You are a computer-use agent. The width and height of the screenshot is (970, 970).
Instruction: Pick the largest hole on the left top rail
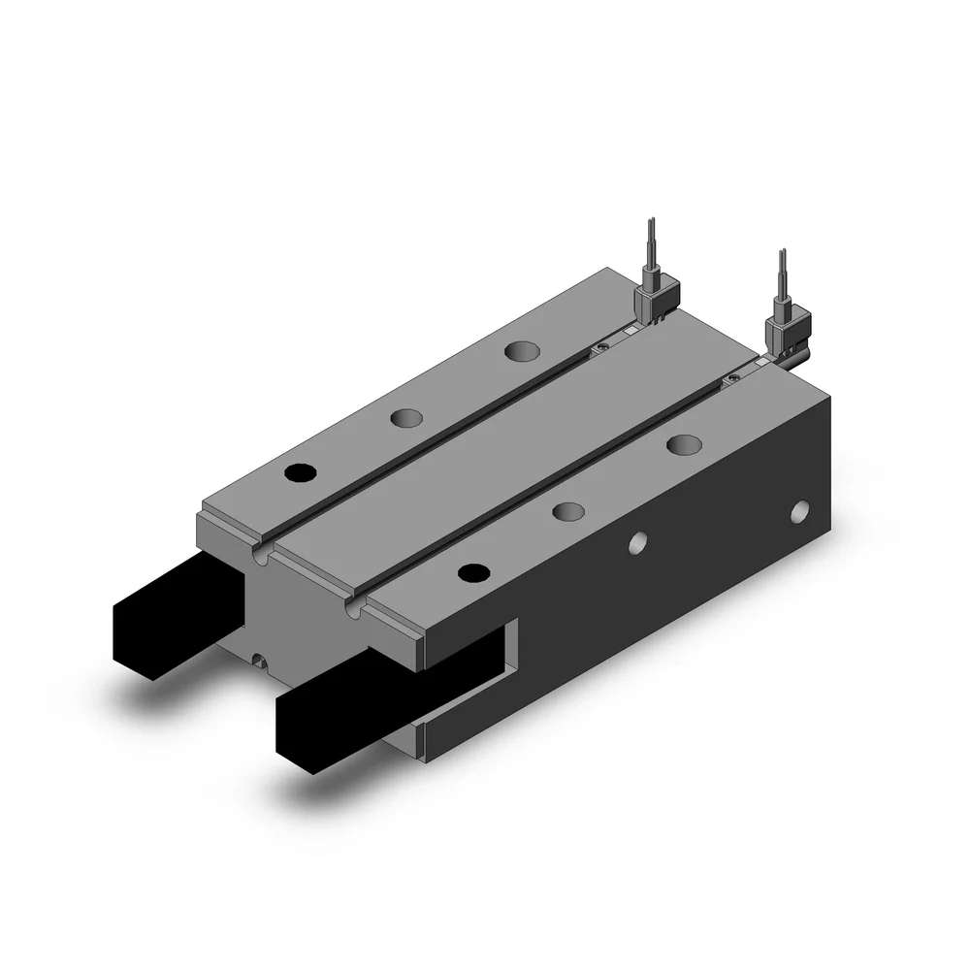click(x=523, y=350)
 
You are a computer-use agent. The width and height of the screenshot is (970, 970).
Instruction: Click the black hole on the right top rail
click(x=472, y=572)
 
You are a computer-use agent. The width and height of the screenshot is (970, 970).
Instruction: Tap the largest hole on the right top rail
click(x=684, y=445)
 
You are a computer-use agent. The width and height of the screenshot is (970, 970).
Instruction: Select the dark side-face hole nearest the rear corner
click(x=800, y=510)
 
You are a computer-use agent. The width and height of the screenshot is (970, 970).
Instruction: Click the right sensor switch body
click(x=787, y=330)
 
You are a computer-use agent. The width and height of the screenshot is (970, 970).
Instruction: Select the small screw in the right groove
click(x=734, y=376)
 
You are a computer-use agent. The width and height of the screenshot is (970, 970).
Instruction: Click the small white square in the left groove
click(x=629, y=332)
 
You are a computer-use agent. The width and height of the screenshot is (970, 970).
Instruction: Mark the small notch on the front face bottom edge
click(x=258, y=661)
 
